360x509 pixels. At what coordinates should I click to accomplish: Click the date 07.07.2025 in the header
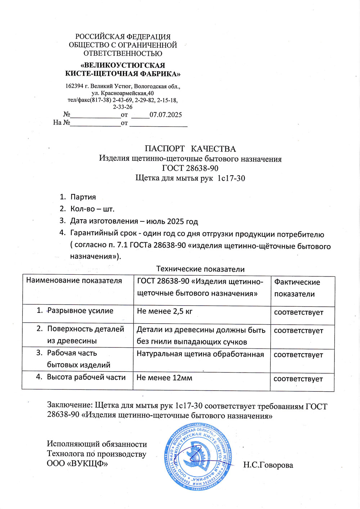pos(166,115)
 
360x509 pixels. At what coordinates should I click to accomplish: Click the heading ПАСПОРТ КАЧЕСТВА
pos(190,149)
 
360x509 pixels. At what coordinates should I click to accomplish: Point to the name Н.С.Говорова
pos(268,465)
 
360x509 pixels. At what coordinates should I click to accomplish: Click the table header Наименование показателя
pos(74,281)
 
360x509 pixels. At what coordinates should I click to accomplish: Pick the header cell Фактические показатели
pos(297,288)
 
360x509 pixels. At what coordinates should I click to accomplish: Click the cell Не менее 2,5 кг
pos(165,311)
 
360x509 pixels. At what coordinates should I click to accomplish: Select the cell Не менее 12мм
pos(164,378)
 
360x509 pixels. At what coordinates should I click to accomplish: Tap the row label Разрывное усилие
pos(80,311)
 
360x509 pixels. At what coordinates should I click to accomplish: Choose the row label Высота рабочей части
pos(86,377)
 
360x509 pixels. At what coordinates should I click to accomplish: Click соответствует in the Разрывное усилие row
pos(298,312)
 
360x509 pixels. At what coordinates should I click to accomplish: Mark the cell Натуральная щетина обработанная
pos(200,354)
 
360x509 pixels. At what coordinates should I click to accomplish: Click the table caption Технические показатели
pos(200,269)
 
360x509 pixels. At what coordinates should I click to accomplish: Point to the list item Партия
pos(83,197)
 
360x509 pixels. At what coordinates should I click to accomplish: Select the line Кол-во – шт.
pos(92,209)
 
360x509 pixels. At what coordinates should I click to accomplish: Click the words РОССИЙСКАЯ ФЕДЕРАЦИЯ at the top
pos(123,37)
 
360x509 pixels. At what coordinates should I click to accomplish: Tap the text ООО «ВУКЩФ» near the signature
pos(77,464)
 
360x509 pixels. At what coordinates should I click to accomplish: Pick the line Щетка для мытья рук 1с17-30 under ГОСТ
pos(190,178)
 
